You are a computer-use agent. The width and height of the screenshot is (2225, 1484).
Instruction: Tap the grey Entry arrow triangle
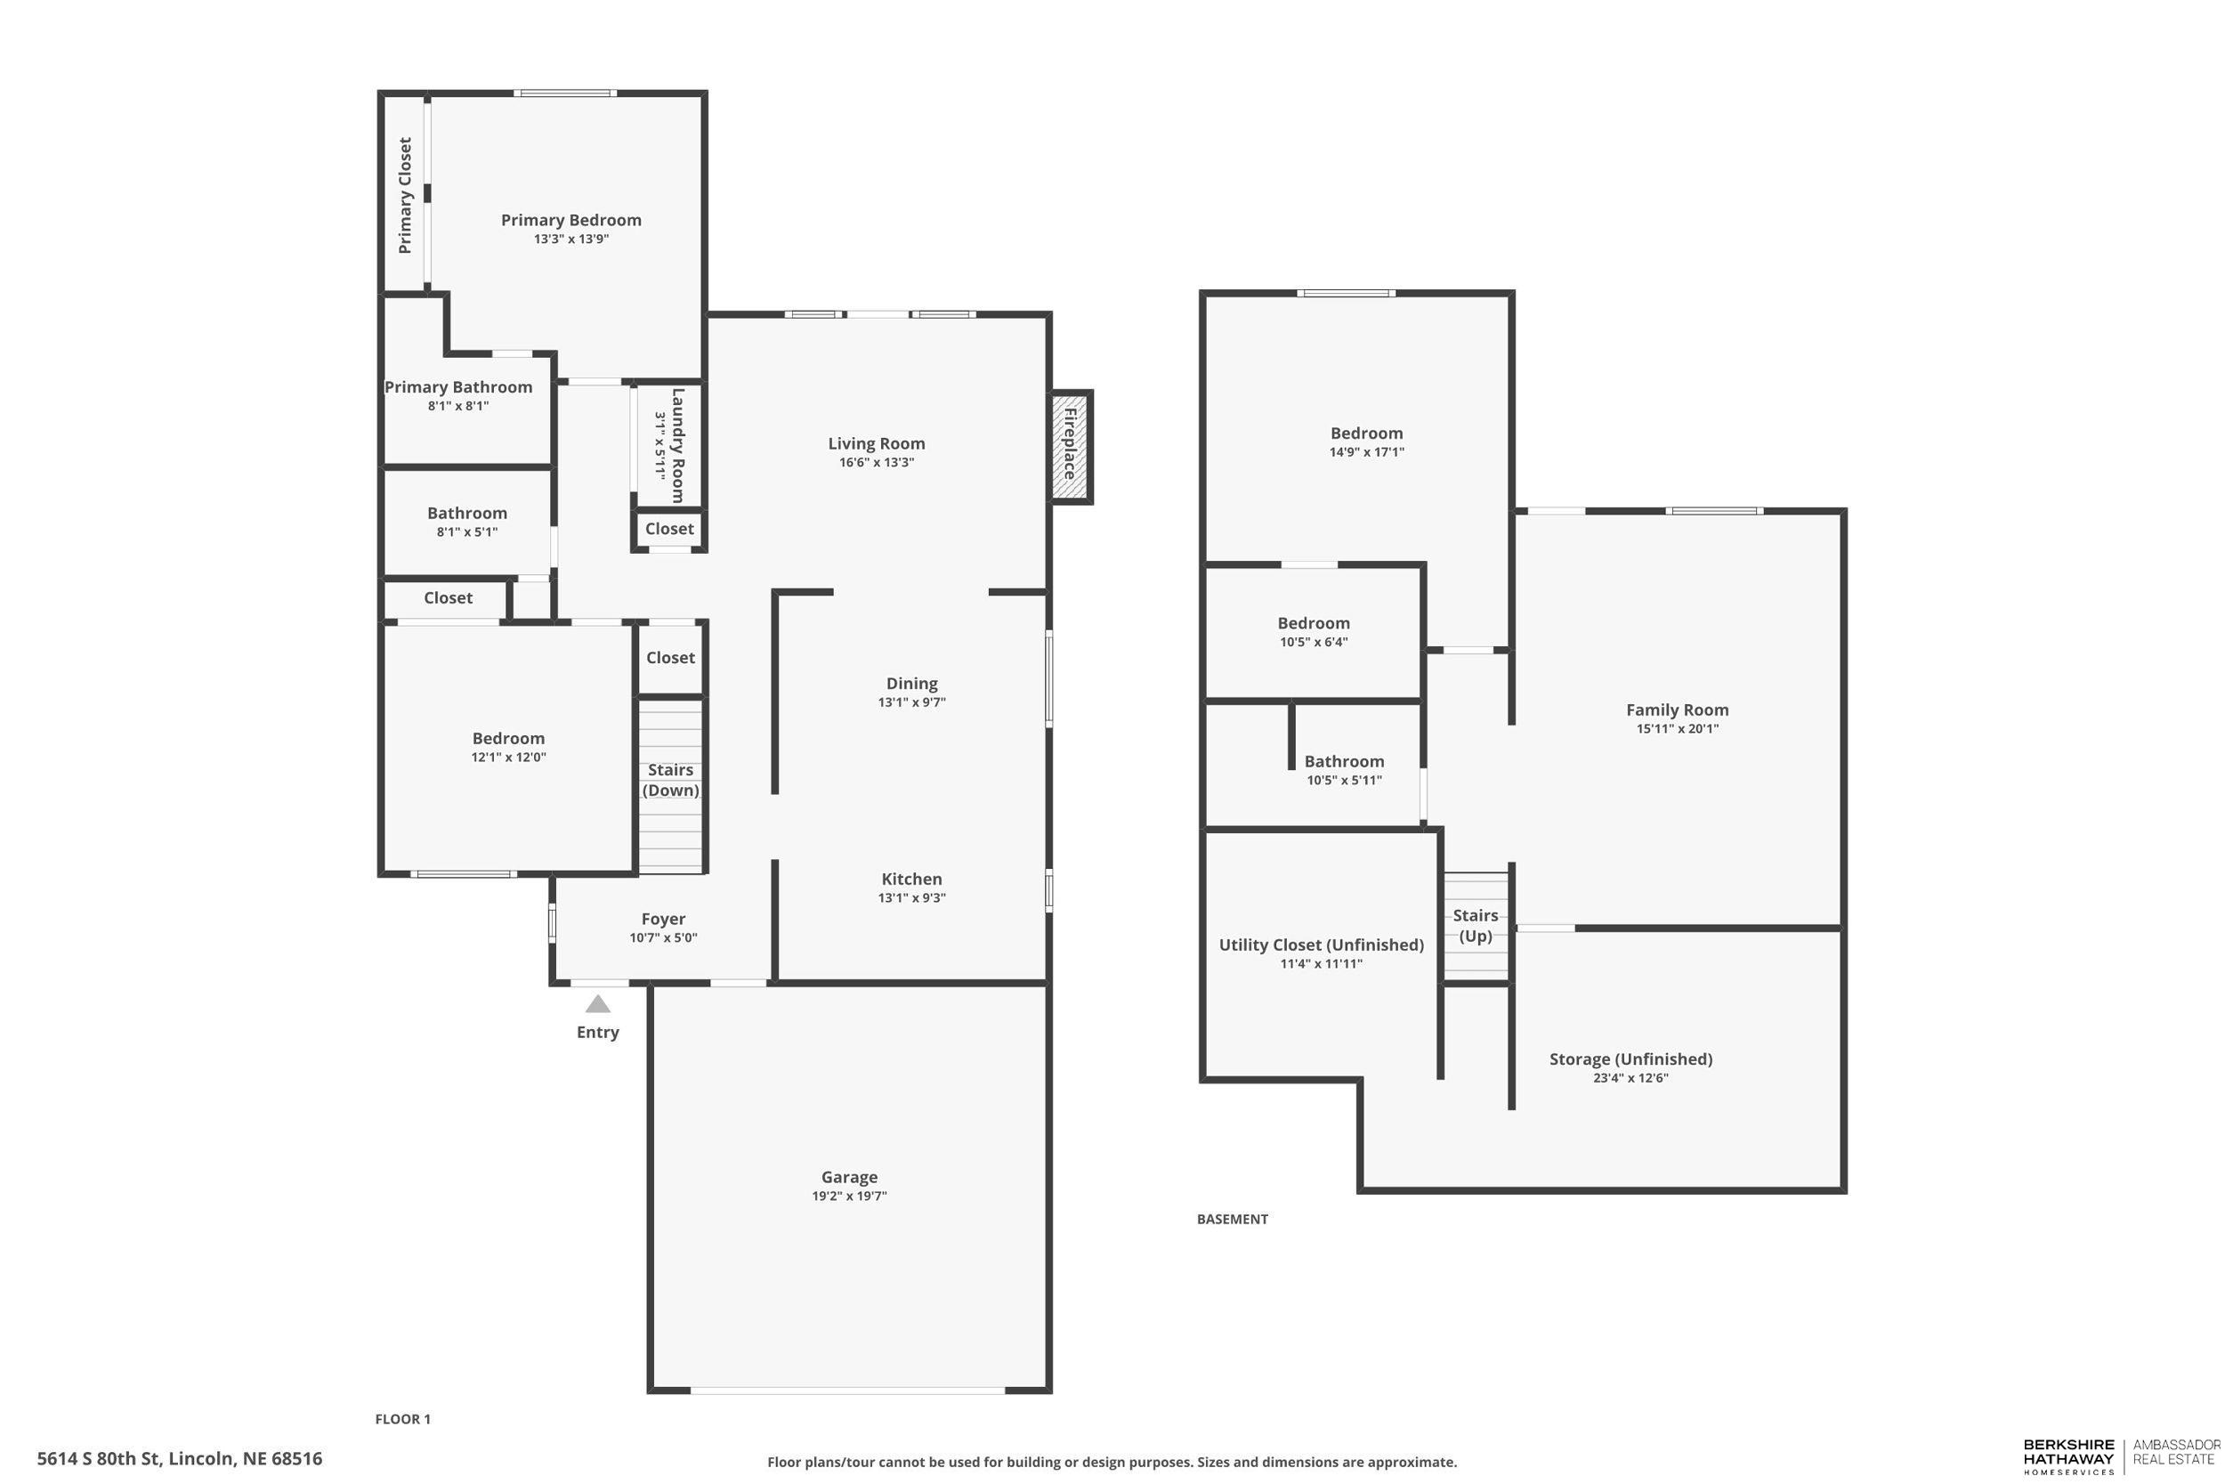coord(598,1004)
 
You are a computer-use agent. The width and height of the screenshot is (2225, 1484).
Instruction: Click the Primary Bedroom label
coord(570,221)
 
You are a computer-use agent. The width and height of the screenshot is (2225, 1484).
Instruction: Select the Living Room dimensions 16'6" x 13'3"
coord(876,463)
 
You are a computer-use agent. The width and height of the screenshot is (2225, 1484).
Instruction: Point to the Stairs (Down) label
coord(670,780)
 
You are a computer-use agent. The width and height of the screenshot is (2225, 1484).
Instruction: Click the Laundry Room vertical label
coord(677,445)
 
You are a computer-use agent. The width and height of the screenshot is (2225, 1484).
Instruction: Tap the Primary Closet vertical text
coord(405,195)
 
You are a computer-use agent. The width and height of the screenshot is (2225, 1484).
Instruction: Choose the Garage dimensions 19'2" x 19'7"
coord(848,1196)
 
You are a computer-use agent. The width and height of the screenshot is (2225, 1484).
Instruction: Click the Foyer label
coord(663,919)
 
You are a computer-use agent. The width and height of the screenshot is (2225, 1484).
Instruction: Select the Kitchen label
coord(911,880)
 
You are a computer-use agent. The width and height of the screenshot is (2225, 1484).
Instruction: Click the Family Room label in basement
coord(1677,710)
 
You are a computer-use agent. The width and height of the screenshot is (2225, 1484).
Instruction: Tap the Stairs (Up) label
coord(1475,926)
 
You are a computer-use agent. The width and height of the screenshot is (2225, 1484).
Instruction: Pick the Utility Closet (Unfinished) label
coord(1321,945)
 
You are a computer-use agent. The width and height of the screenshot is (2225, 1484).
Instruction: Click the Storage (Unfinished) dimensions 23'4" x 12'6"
coord(1630,1078)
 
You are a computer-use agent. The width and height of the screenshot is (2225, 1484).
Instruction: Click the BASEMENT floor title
coord(1232,1219)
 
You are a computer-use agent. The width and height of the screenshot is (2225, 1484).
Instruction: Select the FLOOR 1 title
coord(402,1419)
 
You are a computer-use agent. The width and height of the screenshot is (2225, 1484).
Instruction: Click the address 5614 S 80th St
coord(180,1458)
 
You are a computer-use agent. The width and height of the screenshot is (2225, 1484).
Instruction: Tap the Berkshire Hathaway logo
coord(2068,1456)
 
